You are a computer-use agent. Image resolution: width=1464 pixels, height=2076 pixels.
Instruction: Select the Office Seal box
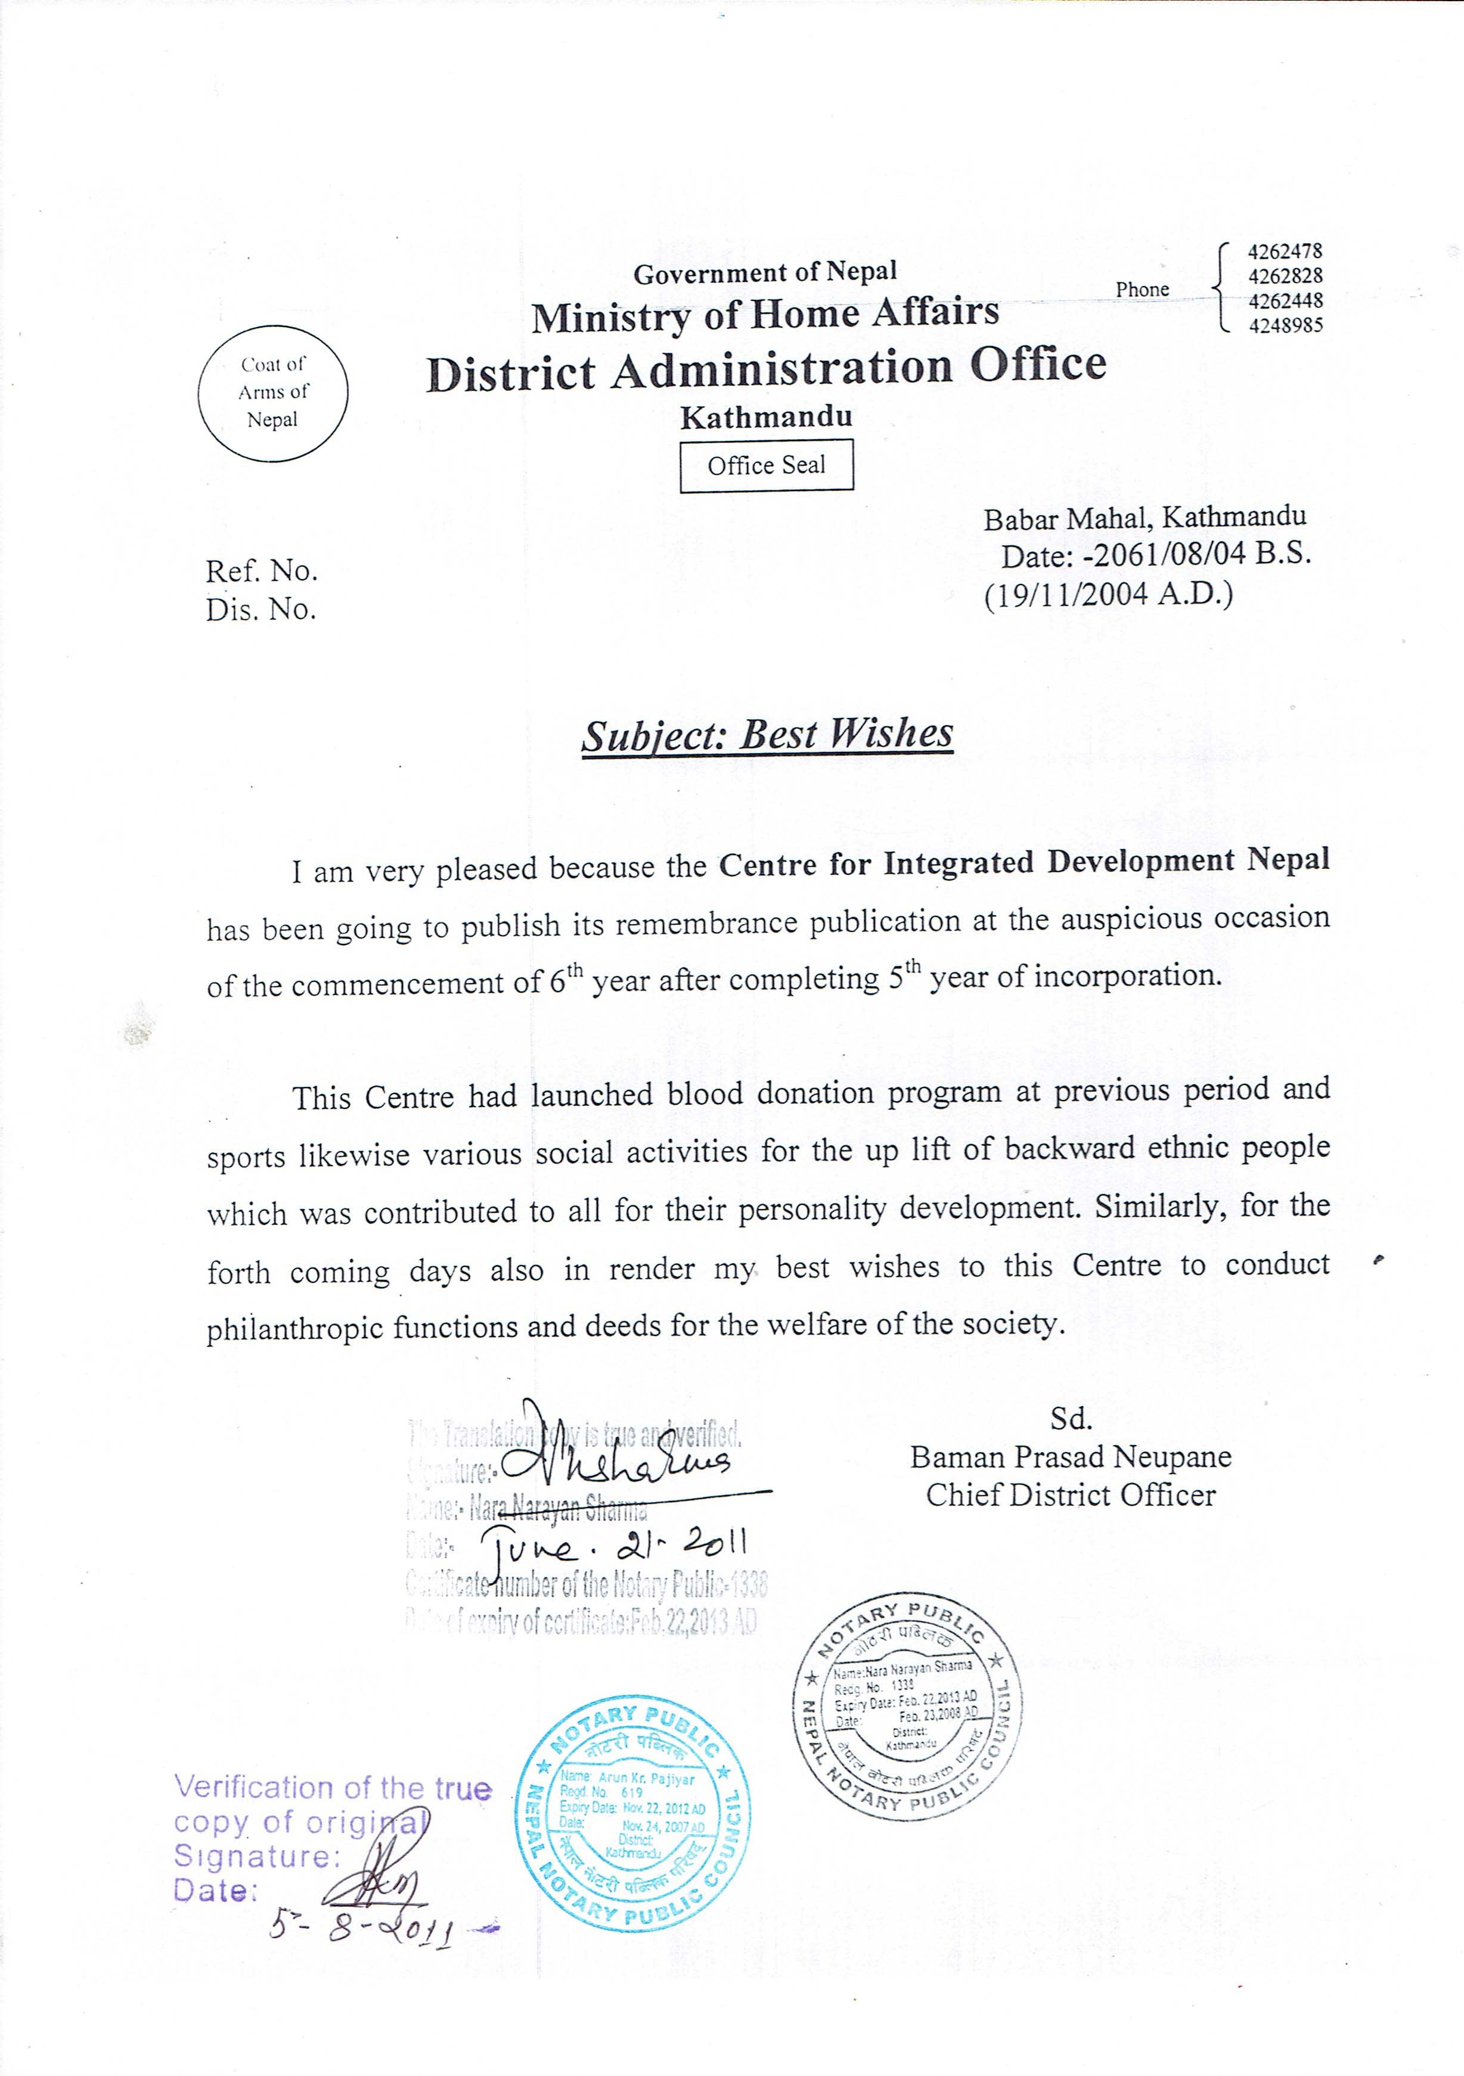coord(766,465)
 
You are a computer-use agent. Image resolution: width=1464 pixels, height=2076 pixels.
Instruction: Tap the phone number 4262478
coord(1285,251)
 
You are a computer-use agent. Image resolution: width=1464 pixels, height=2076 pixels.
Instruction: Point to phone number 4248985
coord(1285,325)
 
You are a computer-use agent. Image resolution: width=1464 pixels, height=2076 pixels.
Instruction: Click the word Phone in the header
coord(1142,290)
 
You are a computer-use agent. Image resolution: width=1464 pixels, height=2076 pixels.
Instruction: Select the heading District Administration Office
coord(766,369)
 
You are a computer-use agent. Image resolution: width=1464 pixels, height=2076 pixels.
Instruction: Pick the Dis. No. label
coord(260,610)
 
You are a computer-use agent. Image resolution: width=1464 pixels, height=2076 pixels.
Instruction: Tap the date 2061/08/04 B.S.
coord(1201,554)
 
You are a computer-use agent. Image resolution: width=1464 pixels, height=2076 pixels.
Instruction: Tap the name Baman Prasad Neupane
coord(1071,1457)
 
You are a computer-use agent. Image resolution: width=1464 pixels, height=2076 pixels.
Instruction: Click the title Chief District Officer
coord(1071,1496)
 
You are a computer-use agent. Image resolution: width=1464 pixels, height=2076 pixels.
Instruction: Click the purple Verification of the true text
coord(333,1788)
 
